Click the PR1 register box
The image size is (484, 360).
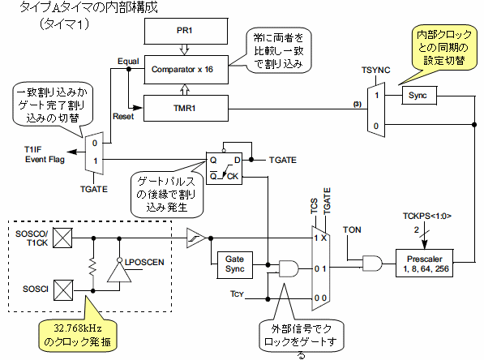[x=186, y=31]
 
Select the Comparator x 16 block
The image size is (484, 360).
[x=186, y=70]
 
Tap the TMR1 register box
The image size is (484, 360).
[x=186, y=108]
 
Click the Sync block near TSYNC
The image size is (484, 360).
[x=419, y=96]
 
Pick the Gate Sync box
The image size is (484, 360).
[x=235, y=265]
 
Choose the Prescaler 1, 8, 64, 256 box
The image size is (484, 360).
[x=425, y=263]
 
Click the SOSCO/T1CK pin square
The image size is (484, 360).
[x=62, y=238]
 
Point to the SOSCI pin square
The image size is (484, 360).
[x=63, y=290]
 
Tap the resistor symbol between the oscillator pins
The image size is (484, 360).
[x=93, y=267]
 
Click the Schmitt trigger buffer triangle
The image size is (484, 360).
[x=195, y=238]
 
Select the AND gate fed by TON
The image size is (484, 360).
[x=372, y=263]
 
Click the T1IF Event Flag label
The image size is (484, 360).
[x=45, y=154]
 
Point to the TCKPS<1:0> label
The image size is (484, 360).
[x=427, y=216]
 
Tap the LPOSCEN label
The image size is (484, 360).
[x=144, y=262]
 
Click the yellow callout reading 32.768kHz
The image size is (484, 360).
[x=78, y=335]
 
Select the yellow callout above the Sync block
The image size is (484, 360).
[x=444, y=47]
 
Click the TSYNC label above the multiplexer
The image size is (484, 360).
[x=375, y=70]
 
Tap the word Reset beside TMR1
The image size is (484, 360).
[x=123, y=117]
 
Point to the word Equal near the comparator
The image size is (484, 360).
[x=128, y=62]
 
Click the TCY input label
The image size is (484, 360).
[x=237, y=294]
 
